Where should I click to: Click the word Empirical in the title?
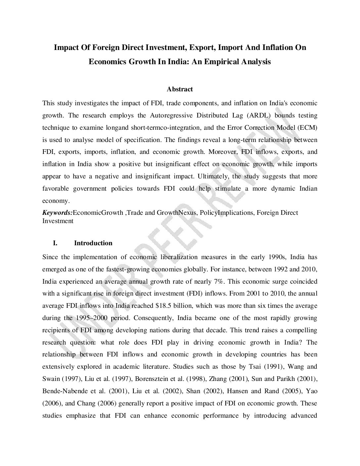pyautogui.click(x=225, y=62)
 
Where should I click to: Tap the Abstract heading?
pyautogui.click(x=180, y=89)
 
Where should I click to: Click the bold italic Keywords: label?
pyautogui.click(x=57, y=213)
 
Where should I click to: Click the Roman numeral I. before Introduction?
pyautogui.click(x=55, y=243)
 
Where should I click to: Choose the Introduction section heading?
pyautogui.click(x=93, y=243)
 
